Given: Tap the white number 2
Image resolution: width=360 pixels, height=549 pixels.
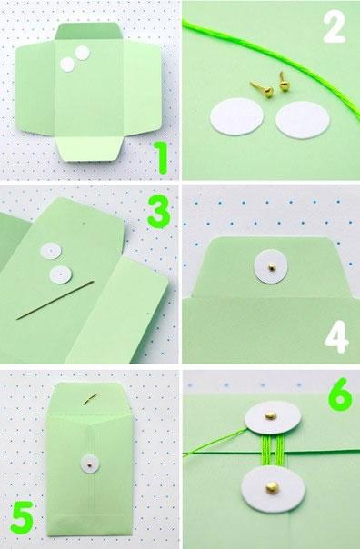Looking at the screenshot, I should [333, 27].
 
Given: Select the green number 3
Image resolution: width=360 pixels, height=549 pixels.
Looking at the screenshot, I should [158, 213].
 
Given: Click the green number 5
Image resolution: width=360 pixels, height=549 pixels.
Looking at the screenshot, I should [24, 517].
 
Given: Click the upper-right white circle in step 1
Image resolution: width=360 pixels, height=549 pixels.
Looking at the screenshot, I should [83, 53].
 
